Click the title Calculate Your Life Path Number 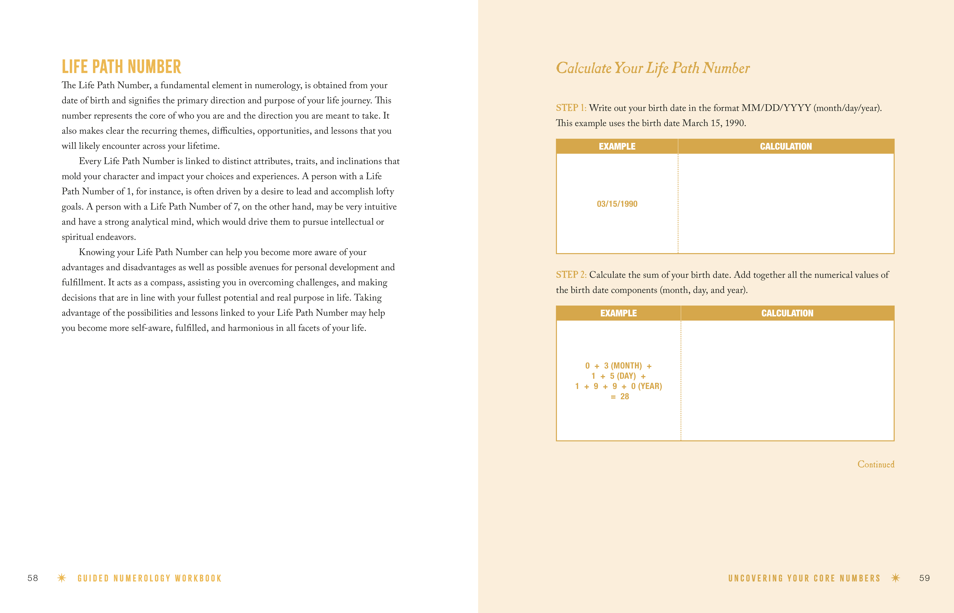(x=652, y=68)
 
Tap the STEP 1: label (x=571, y=108)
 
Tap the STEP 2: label (x=571, y=275)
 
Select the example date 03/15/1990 (x=617, y=204)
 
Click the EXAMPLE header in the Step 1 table (x=617, y=146)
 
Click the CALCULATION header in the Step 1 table (x=786, y=146)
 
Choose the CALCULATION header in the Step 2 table (x=787, y=313)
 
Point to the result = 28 (x=620, y=396)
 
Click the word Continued (x=876, y=465)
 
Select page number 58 (x=33, y=578)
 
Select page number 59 (x=924, y=578)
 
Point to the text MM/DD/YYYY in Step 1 (x=776, y=108)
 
